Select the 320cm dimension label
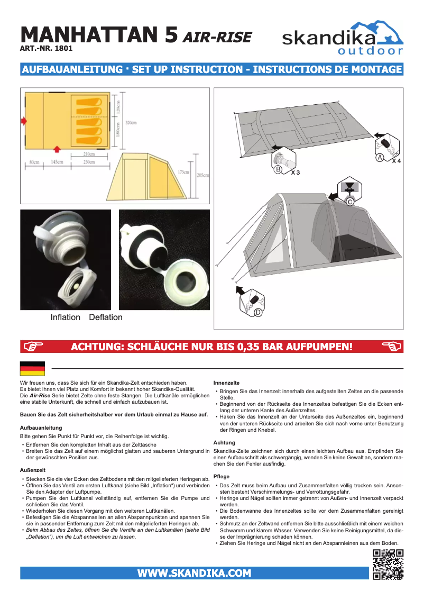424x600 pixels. [x=131, y=123]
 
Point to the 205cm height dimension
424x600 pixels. [x=202, y=175]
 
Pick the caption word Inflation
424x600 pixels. [x=66, y=317]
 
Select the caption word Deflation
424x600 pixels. [x=106, y=317]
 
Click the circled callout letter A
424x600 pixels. [x=380, y=157]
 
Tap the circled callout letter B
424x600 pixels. [x=278, y=169]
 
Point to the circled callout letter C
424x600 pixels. [x=349, y=202]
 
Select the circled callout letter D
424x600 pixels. [x=258, y=313]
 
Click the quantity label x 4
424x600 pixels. [x=396, y=160]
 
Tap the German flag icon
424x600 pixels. [x=32, y=368]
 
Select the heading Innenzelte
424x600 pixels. [x=226, y=382]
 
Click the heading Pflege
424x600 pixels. [x=222, y=477]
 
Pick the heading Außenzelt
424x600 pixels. [x=32, y=469]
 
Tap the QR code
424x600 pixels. [x=388, y=565]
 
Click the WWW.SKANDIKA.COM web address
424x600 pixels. [x=194, y=573]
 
